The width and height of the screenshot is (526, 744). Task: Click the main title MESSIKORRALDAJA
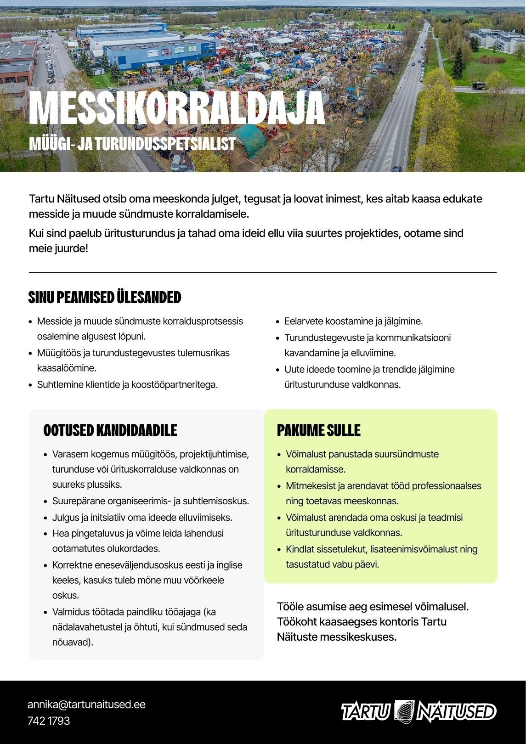point(177,108)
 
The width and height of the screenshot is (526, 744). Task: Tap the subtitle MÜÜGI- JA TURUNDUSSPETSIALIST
point(132,144)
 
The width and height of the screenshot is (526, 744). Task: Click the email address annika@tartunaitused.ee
point(86,705)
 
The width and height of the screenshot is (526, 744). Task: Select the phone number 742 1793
point(49,721)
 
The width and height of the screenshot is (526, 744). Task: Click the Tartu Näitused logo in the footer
point(419,711)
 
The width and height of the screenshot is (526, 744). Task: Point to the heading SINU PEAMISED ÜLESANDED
point(105,298)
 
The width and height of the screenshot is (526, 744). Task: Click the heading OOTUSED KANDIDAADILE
point(110,430)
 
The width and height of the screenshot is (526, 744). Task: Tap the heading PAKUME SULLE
point(318,430)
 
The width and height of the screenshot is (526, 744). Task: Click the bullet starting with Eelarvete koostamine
point(353,321)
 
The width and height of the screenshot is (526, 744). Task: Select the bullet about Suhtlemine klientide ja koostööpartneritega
point(127,385)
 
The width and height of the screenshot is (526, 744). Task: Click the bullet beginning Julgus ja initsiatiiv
point(142,518)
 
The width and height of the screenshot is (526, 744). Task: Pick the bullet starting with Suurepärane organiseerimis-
point(150,501)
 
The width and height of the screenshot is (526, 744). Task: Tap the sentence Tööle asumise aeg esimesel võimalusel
point(373,607)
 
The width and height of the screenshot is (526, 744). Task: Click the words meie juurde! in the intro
point(58,249)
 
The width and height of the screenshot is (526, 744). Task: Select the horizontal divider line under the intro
point(263,272)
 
